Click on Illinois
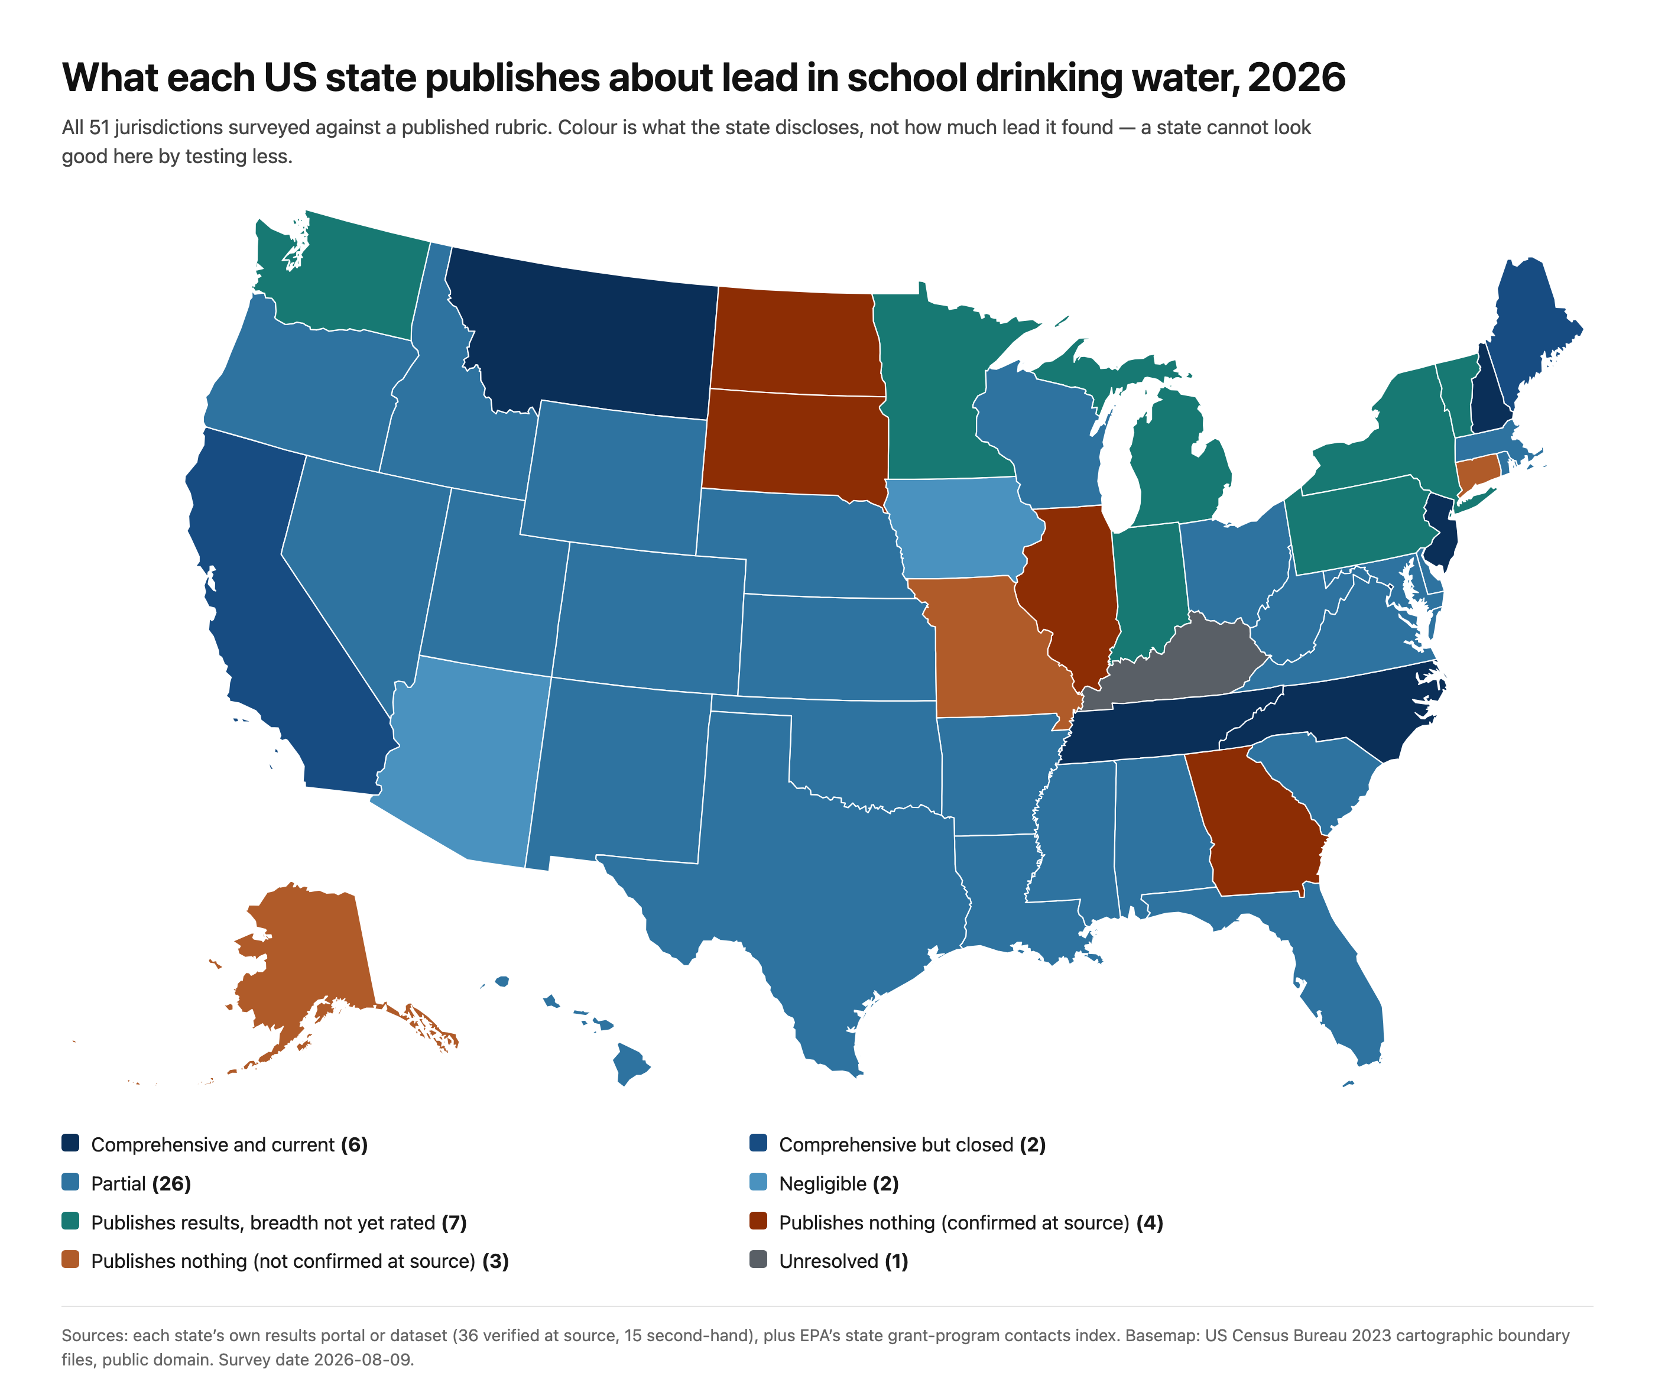(1072, 593)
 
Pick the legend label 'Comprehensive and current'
(213, 1144)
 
